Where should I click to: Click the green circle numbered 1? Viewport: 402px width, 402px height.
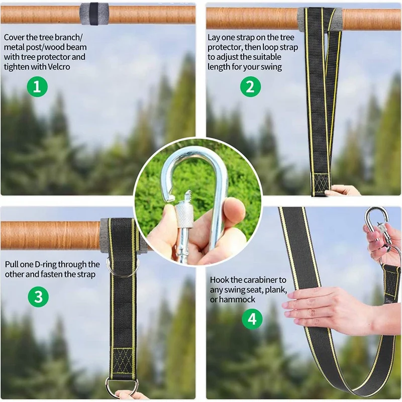click(x=37, y=87)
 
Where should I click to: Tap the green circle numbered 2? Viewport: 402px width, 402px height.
click(x=250, y=87)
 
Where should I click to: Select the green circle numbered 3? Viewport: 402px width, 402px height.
click(x=38, y=297)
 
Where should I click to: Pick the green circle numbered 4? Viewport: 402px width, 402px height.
click(x=252, y=319)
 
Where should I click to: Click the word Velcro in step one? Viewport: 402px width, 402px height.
click(x=58, y=67)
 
